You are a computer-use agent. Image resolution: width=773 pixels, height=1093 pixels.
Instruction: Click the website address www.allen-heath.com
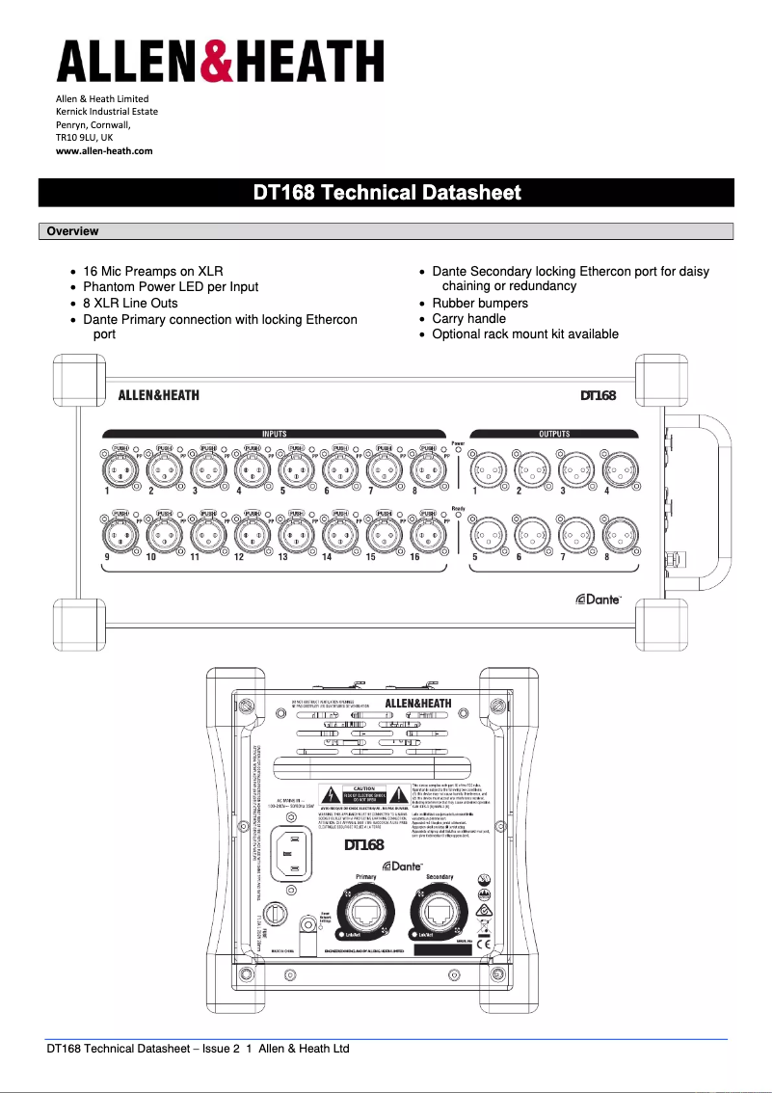pos(104,150)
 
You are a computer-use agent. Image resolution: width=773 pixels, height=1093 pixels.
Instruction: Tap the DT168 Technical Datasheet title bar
pos(386,193)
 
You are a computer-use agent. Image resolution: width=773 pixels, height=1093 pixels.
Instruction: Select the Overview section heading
pos(72,231)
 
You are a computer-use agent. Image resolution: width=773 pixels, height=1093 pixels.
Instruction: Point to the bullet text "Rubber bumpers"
pos(480,303)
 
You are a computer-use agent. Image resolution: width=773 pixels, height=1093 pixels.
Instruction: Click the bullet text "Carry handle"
pos(468,318)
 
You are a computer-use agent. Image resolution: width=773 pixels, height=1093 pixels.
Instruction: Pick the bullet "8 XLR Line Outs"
pos(130,303)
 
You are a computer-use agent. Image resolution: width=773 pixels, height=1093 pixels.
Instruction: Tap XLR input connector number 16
pos(427,533)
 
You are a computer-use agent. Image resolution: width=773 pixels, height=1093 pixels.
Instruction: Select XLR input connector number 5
pos(296,470)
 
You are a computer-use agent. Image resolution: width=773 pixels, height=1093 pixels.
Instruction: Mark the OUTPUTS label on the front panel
pos(553,434)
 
